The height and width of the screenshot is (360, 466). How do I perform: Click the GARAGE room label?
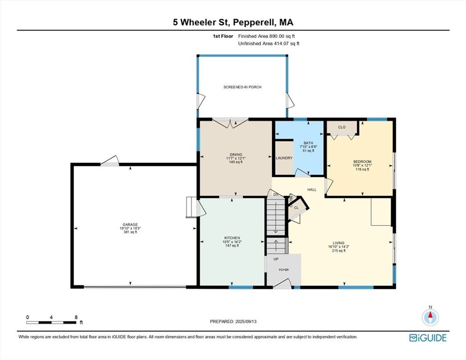(x=130, y=224)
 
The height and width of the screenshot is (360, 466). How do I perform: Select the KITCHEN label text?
(x=232, y=238)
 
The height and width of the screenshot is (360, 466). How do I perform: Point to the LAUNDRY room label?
(x=284, y=158)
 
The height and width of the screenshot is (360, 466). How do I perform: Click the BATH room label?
(x=309, y=143)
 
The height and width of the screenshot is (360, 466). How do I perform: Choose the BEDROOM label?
(x=362, y=162)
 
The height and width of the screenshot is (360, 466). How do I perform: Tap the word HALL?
(x=312, y=189)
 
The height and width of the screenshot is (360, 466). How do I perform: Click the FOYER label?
(x=284, y=269)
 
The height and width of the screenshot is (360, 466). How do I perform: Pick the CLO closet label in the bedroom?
(x=342, y=127)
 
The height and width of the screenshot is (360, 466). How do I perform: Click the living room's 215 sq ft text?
(x=339, y=251)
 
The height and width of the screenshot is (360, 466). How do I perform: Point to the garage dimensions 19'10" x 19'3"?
(x=130, y=228)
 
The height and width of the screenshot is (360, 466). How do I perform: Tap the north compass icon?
(x=431, y=317)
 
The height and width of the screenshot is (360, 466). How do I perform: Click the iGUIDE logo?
(x=428, y=338)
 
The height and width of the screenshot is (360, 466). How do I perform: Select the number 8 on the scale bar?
(x=76, y=317)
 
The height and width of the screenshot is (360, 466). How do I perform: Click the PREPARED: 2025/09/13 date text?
(x=233, y=321)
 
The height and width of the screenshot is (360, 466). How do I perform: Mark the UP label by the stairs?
(x=276, y=259)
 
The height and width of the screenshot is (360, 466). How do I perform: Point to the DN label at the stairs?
(x=276, y=194)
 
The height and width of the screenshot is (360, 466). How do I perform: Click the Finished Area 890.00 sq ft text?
(x=267, y=36)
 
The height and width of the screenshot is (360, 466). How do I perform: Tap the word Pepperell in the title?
(x=251, y=22)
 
